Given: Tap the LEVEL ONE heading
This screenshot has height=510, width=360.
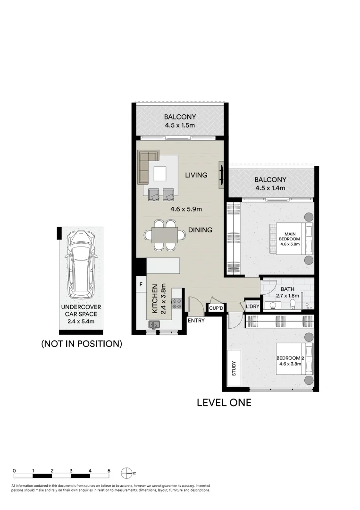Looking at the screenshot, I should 224,403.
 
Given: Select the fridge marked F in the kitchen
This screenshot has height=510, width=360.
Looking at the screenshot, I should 141,285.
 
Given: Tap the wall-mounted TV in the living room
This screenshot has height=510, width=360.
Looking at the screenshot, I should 221,175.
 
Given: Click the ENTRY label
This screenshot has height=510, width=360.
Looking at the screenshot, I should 196,321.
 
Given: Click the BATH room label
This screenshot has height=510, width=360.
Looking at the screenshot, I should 288,289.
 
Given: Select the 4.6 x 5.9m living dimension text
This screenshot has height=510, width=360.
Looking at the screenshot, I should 186,209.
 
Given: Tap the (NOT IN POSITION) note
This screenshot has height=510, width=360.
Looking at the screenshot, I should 82,344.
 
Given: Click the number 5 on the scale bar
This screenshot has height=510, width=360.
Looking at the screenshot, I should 109,470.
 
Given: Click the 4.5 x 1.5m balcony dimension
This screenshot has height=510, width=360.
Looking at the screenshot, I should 180,126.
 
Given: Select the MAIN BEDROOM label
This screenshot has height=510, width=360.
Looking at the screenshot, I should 290,237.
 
